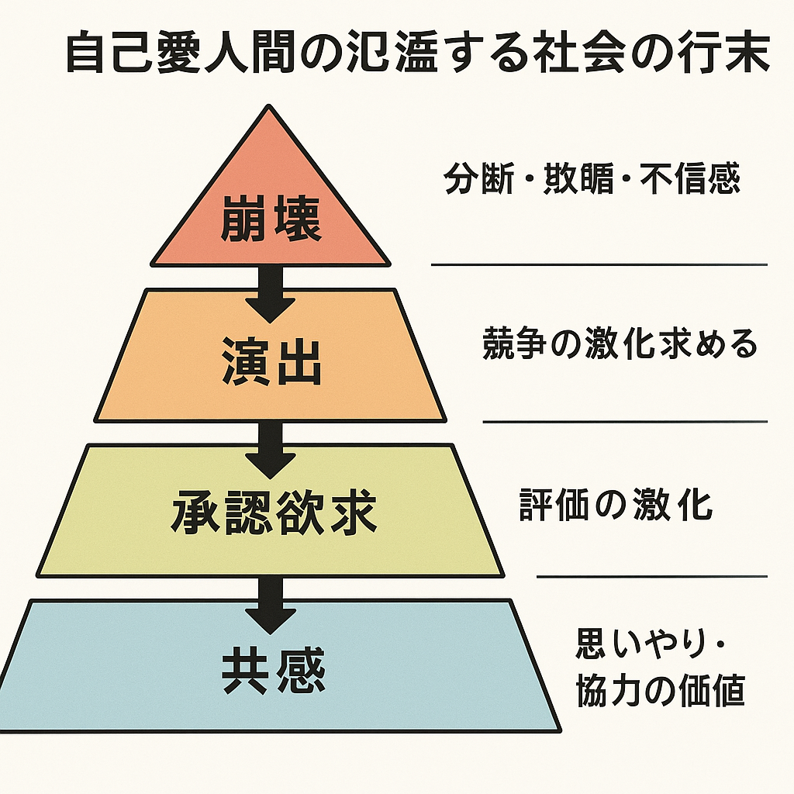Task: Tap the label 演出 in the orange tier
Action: click(271, 362)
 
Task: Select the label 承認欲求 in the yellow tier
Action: click(274, 513)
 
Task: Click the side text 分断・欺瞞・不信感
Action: click(592, 179)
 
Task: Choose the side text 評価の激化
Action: click(616, 506)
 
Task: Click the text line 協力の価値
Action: click(660, 691)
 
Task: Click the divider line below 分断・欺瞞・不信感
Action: click(599, 264)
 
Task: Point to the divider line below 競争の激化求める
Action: click(625, 422)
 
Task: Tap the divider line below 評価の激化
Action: click(651, 577)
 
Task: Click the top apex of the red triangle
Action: click(270, 108)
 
